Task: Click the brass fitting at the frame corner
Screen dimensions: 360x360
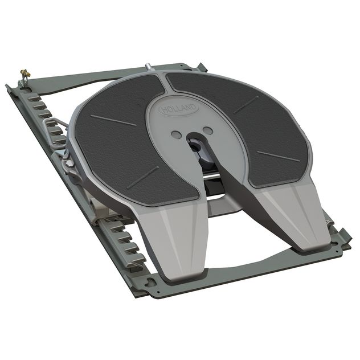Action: click(24, 74)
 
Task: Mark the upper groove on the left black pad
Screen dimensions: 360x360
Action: click(113, 120)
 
